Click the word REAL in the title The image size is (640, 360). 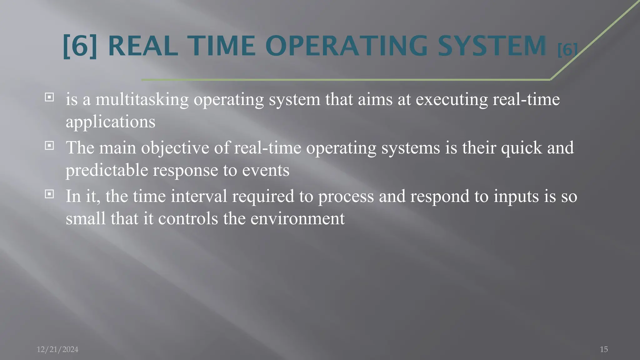point(143,46)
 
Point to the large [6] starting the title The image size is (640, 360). point(80,46)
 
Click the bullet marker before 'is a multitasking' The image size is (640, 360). point(49,97)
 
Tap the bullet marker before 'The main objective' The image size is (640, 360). point(49,146)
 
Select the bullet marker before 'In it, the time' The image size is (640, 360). point(49,194)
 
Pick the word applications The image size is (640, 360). point(110,122)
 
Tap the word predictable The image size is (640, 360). point(107,170)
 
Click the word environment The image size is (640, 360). point(297,218)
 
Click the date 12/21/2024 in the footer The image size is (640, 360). point(57,349)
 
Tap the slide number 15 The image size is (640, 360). point(604,349)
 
